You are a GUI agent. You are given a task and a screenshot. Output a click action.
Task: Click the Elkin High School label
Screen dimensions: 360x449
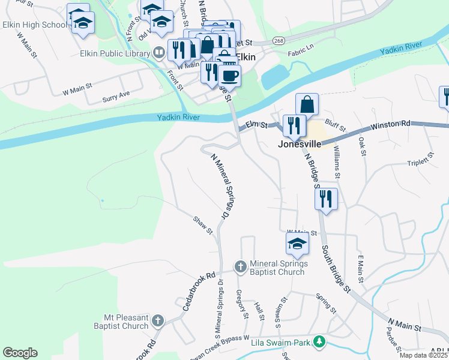click(x=35, y=25)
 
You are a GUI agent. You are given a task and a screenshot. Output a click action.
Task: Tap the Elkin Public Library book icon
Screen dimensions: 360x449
click(x=159, y=53)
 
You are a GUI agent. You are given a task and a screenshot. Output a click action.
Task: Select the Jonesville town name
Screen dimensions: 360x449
click(x=299, y=145)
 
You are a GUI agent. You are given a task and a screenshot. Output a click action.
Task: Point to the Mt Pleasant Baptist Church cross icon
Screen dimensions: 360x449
click(x=158, y=320)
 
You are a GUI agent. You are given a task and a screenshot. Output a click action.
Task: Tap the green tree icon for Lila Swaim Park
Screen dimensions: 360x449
click(x=321, y=342)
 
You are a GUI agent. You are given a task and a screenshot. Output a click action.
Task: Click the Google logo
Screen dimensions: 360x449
click(x=20, y=353)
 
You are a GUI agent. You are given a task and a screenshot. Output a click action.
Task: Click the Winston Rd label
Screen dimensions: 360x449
click(x=390, y=124)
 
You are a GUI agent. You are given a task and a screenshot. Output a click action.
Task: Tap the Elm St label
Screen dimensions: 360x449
click(x=256, y=125)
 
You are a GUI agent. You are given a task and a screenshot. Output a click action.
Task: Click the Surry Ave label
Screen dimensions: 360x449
click(x=116, y=96)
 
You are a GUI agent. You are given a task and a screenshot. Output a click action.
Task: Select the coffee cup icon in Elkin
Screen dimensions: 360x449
click(x=229, y=76)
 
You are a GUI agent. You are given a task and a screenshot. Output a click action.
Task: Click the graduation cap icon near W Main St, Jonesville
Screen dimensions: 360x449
click(x=297, y=244)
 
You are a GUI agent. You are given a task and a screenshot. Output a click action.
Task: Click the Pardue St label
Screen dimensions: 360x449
click(x=393, y=338)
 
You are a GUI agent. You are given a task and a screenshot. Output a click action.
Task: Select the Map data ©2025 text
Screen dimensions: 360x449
click(x=423, y=355)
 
